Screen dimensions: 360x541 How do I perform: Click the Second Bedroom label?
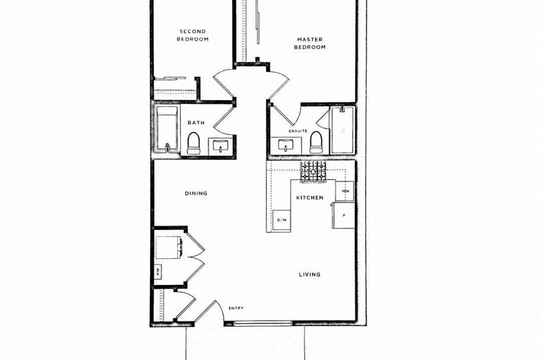(x=193, y=35)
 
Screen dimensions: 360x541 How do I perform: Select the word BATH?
(x=196, y=123)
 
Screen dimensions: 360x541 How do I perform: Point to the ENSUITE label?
(x=298, y=131)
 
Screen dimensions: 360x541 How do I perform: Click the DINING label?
(x=195, y=193)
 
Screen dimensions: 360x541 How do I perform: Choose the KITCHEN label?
(x=310, y=197)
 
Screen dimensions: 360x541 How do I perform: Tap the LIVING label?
(x=309, y=274)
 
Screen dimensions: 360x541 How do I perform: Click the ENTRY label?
(x=236, y=308)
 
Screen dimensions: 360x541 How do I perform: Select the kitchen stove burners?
(x=313, y=171)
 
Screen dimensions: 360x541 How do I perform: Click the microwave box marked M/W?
(x=345, y=191)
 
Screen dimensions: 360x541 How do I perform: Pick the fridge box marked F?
(x=344, y=216)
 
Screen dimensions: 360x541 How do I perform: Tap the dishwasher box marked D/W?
(x=281, y=220)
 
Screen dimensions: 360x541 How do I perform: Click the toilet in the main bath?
(x=194, y=143)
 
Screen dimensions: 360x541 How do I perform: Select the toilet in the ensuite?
(x=316, y=143)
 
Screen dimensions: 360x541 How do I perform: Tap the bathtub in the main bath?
(x=167, y=131)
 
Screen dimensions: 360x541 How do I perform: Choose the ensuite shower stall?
(x=342, y=130)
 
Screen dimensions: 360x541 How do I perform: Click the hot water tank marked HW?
(x=159, y=272)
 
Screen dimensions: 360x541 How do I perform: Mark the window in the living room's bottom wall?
(x=263, y=323)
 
